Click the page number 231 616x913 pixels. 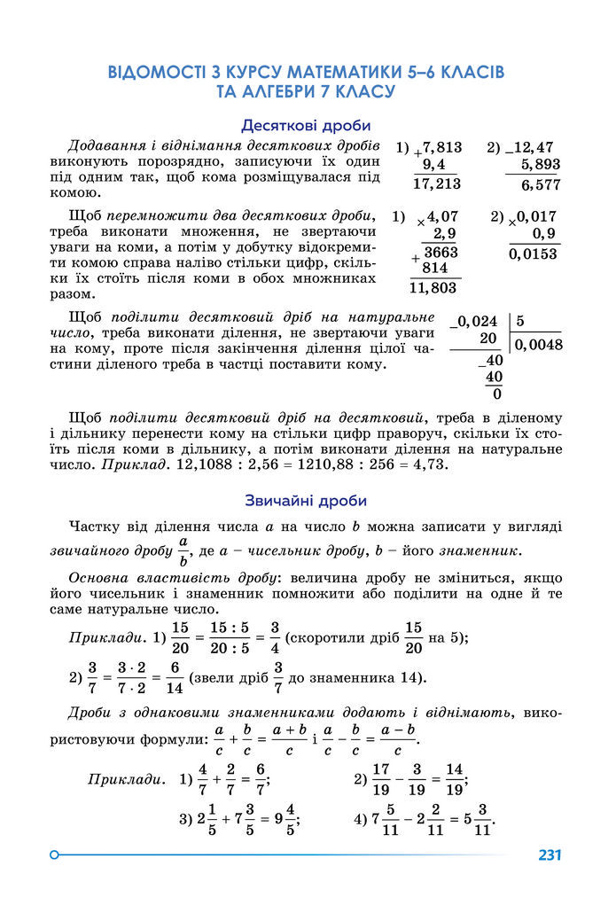coord(550,855)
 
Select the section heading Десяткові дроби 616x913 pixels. coord(306,126)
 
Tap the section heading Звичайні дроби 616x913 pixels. coord(306,501)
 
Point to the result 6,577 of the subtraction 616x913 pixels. coord(540,184)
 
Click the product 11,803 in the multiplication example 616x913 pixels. coord(433,287)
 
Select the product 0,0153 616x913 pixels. coord(534,254)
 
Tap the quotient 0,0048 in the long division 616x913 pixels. coord(539,345)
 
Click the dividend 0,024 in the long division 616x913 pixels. coord(477,322)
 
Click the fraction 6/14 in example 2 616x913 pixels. coord(174,678)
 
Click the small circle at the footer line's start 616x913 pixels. coord(54,855)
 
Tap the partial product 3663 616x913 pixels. coord(440,253)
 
